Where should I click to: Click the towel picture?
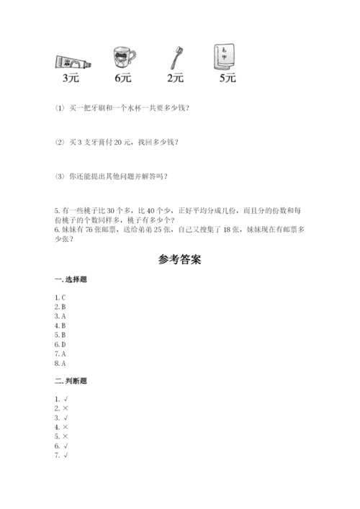tap(225, 58)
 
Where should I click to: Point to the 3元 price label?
tap(71, 78)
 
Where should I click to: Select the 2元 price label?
tap(175, 78)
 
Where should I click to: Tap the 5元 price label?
tap(227, 78)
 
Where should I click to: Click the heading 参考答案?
tap(179, 260)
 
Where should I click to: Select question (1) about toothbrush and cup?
tap(123, 108)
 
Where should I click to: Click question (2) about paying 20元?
tap(116, 142)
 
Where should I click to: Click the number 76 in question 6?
tap(84, 229)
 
